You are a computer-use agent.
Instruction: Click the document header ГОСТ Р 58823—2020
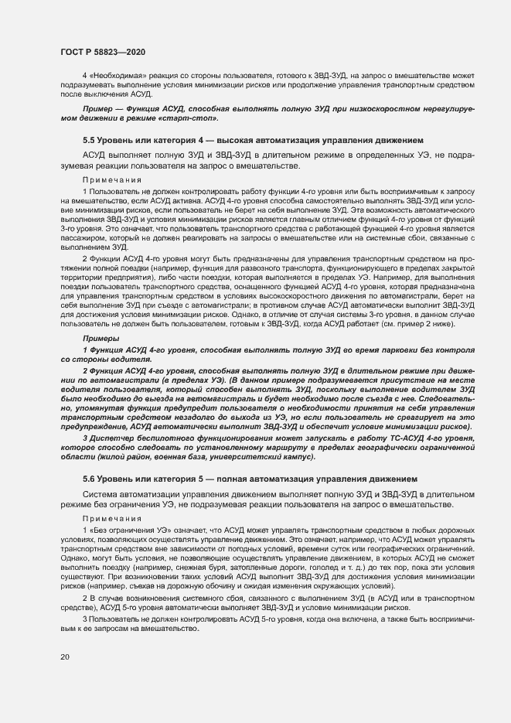pyautogui.click(x=102, y=52)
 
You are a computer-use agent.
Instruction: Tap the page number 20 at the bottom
pyautogui.click(x=64, y=657)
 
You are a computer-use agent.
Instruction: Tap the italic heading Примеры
pyautogui.click(x=100, y=339)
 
